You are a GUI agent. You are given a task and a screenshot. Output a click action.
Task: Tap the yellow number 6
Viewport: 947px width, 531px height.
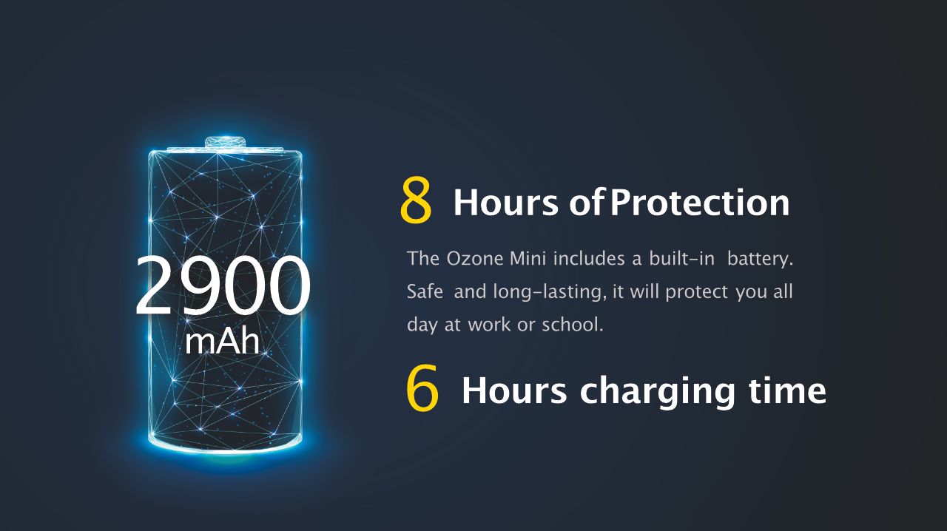click(422, 388)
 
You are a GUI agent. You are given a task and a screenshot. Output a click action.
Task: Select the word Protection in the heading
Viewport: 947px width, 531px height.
click(700, 203)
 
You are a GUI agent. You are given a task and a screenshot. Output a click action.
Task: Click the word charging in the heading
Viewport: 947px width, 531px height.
click(657, 392)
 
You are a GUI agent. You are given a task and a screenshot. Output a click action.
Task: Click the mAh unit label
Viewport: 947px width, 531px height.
click(222, 342)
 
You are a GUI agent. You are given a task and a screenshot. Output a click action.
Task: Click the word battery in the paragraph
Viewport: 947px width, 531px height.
click(759, 259)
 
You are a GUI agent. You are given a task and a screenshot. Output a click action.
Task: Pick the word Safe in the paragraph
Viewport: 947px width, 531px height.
click(425, 291)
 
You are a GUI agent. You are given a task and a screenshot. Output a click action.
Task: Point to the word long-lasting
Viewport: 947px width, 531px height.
click(550, 292)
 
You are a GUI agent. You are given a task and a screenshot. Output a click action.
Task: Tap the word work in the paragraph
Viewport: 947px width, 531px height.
click(489, 324)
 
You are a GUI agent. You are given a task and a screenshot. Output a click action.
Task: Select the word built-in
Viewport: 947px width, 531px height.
click(681, 258)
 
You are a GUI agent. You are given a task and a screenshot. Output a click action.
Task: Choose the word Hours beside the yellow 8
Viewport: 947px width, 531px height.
click(505, 203)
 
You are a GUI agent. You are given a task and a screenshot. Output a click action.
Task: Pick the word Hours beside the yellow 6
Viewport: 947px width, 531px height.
click(513, 390)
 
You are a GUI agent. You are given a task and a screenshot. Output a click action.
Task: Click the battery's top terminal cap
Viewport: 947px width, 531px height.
click(226, 142)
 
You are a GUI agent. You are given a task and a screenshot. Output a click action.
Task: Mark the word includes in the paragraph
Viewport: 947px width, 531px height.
click(589, 258)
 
